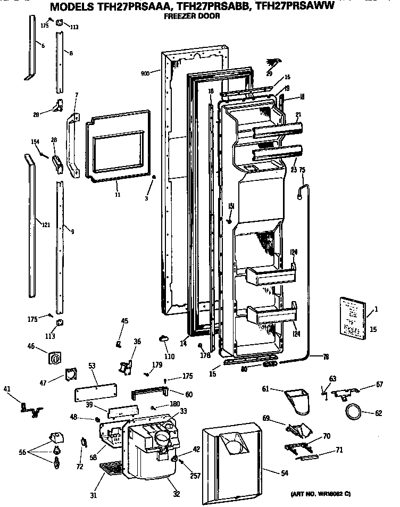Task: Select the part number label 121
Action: [45, 225]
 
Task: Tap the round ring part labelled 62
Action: [353, 411]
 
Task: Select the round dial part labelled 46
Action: [54, 358]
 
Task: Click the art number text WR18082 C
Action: [338, 494]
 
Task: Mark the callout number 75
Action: [302, 170]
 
